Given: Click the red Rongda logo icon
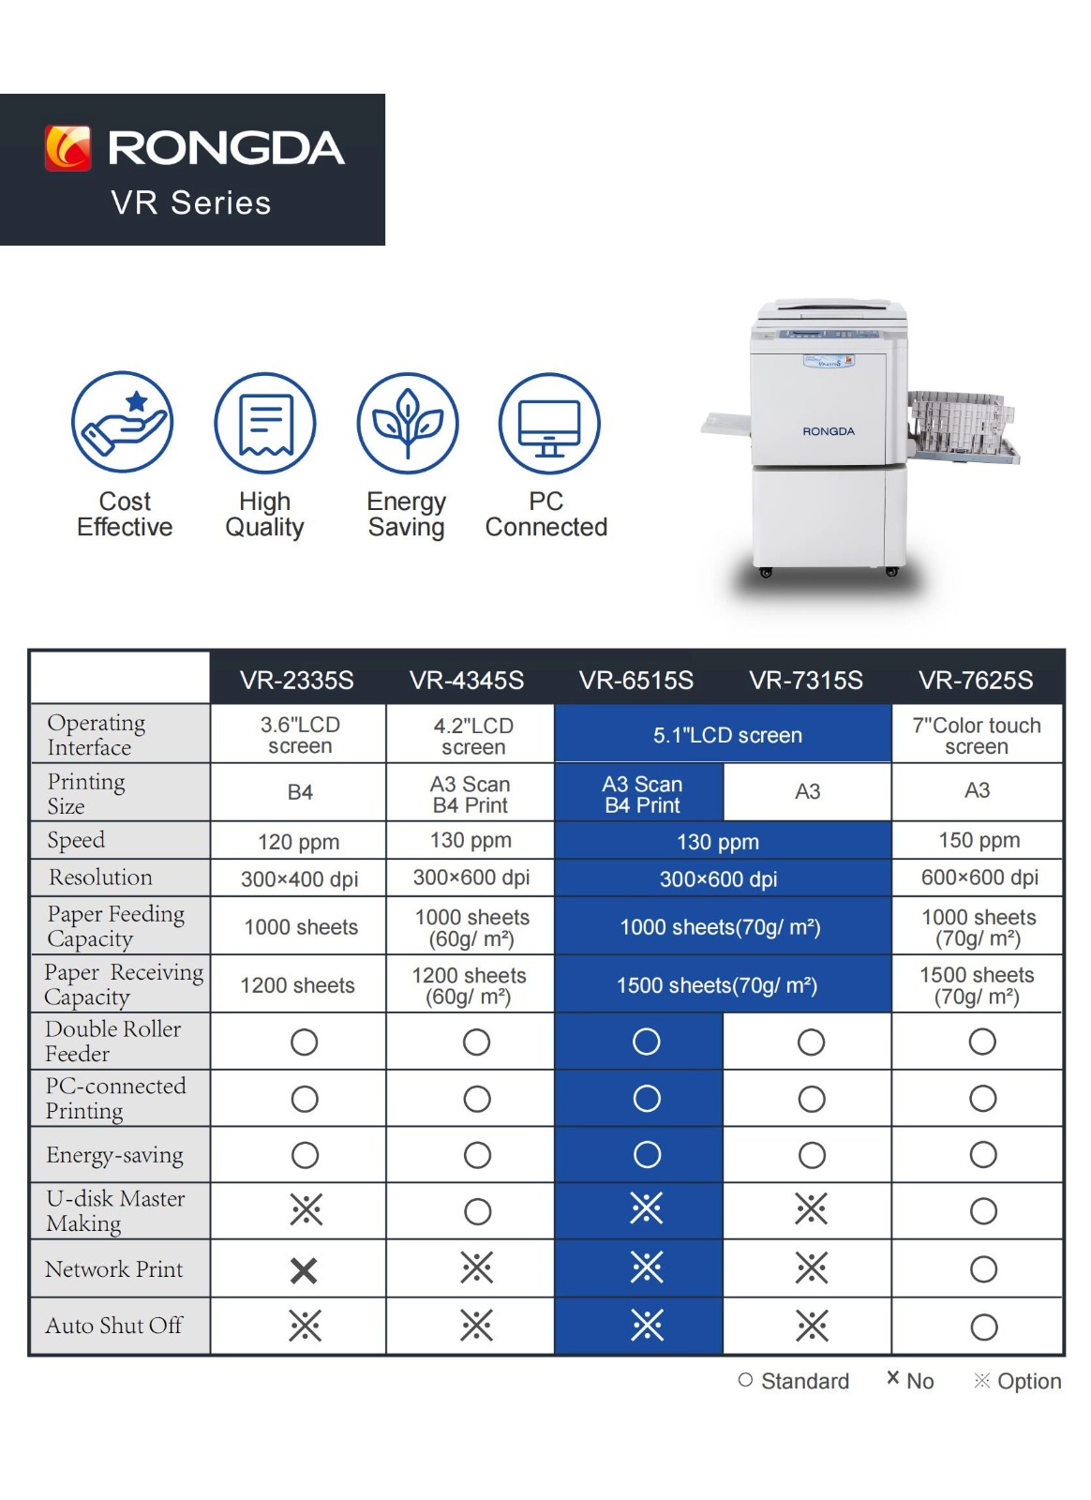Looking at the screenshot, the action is [67, 148].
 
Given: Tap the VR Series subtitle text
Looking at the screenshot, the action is [191, 202].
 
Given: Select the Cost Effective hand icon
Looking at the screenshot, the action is [123, 422].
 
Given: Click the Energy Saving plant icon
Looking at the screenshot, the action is [408, 423].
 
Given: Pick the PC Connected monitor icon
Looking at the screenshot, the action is [549, 423].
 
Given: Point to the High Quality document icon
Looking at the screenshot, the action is [265, 423].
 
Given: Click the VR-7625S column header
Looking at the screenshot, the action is [975, 681].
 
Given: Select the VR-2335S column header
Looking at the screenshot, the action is [296, 681].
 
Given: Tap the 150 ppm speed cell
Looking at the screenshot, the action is [979, 840].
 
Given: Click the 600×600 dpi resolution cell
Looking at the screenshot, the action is [979, 877].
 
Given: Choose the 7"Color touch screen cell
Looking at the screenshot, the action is [977, 735].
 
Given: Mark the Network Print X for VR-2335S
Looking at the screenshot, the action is [304, 1270].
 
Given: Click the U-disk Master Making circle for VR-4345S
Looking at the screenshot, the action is [477, 1211].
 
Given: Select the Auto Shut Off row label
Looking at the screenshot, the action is [113, 1326].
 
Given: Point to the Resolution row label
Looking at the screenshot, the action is [100, 877].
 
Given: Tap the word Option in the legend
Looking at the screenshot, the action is [1029, 1382].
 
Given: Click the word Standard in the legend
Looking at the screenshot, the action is [804, 1382].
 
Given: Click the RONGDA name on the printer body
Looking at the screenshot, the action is [828, 431].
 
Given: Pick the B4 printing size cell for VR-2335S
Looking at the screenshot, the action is [300, 792].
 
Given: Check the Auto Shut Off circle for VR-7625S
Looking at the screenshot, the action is [983, 1327].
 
